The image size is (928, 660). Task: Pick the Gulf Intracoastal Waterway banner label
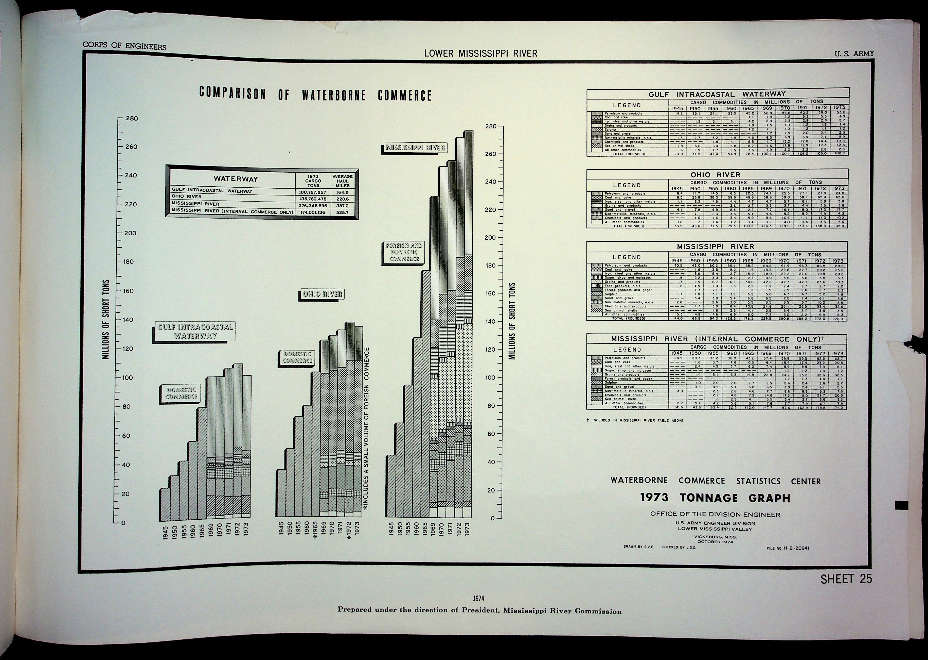pyautogui.click(x=195, y=331)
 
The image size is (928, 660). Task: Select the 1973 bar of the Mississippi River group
pyautogui.click(x=468, y=325)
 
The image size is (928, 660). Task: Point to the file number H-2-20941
pyautogui.click(x=788, y=548)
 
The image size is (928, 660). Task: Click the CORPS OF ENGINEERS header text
pyautogui.click(x=124, y=45)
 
